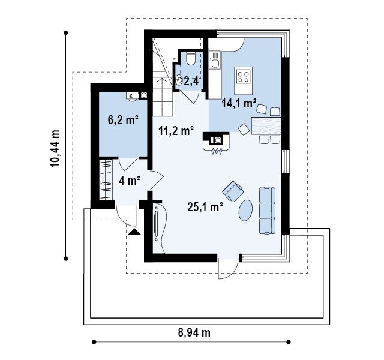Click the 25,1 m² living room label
pos(205,207)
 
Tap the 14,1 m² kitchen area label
pos(239,103)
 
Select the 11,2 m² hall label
pos(176,131)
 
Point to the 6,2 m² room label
pos(123,120)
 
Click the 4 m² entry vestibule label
pos(130,181)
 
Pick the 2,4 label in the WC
pos(191,81)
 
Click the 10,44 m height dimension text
pos(55,149)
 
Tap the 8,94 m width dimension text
pos(194,332)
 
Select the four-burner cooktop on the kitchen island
pos(244,76)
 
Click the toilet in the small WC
pos(190,58)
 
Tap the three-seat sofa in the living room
pos(267,211)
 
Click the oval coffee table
pos(245,211)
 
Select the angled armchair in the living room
pos(233,191)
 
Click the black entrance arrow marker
pos(134,232)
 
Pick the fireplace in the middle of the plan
pos(216,143)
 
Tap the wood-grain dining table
pos(266,125)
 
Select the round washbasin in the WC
pos(179,80)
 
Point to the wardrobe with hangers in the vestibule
pos(106,179)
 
